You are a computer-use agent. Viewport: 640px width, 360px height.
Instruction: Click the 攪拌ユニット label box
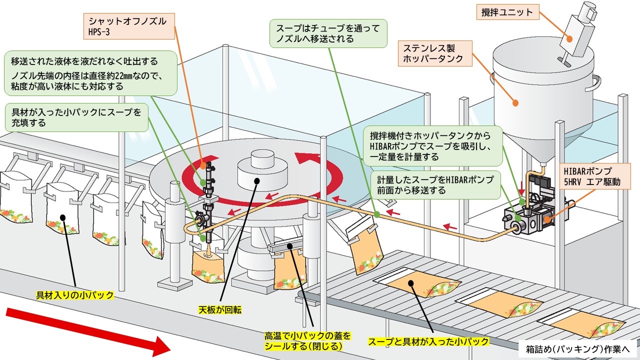(x=507, y=12)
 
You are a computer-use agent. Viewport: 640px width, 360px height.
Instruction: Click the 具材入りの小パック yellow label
(x=75, y=295)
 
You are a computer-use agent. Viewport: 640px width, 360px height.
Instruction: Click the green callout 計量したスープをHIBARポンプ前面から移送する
(x=435, y=184)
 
